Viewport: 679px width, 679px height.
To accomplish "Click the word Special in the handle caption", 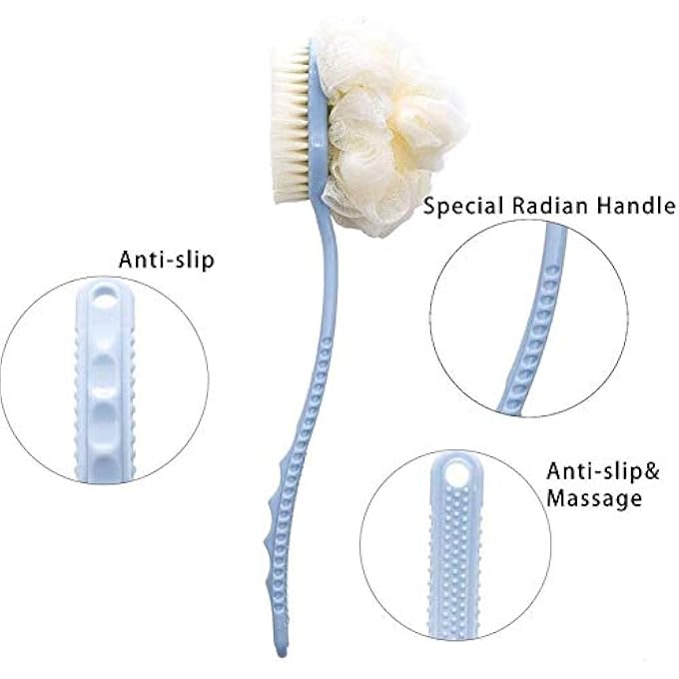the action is click(464, 206).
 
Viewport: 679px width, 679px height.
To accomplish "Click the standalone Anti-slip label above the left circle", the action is click(167, 260).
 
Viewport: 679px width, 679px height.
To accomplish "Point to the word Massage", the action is click(594, 498).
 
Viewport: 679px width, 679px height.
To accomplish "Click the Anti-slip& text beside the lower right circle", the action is click(603, 471).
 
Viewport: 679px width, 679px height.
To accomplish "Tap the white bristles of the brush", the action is click(291, 121).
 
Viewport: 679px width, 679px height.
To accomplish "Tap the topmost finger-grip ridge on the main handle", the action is click(273, 503).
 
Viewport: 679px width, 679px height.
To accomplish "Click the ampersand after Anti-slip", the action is click(652, 471).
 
